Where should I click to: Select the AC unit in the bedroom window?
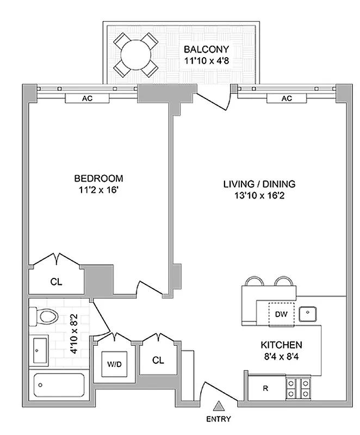(x=87, y=98)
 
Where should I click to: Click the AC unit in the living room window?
(x=287, y=98)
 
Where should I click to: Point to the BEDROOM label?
(x=98, y=178)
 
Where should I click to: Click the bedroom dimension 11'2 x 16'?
(x=98, y=190)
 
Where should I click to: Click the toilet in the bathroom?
(x=45, y=316)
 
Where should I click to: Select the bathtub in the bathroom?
(x=59, y=386)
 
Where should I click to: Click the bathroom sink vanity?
(x=38, y=350)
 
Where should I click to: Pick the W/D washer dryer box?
(x=114, y=362)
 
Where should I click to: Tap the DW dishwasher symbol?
(x=281, y=314)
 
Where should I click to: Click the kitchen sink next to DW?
(x=308, y=313)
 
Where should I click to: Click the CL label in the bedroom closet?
(x=55, y=282)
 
